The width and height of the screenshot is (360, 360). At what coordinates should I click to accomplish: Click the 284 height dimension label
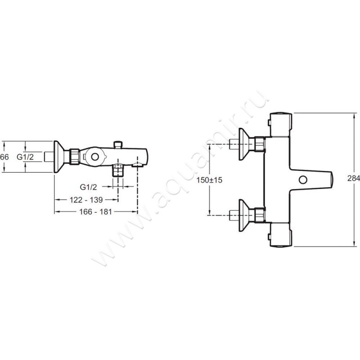click(x=354, y=178)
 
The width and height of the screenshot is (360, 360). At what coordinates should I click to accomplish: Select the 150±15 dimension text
click(x=209, y=180)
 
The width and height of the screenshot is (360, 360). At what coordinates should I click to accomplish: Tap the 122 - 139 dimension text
click(x=86, y=200)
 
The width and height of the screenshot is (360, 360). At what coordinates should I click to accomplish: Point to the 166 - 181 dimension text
click(x=95, y=211)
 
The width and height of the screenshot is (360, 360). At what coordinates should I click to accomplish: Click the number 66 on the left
click(x=4, y=157)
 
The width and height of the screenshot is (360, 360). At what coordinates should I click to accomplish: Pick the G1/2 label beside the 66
click(x=25, y=157)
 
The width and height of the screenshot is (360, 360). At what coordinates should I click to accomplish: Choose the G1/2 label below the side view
click(x=88, y=187)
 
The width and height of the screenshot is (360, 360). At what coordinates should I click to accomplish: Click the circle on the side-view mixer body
click(x=94, y=157)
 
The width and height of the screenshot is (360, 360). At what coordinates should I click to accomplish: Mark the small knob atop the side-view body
click(x=118, y=144)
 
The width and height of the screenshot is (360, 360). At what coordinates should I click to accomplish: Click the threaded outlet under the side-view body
click(x=118, y=171)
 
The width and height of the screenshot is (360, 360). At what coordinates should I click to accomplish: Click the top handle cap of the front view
click(x=281, y=125)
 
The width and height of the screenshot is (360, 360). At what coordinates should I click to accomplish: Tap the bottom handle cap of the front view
click(x=281, y=234)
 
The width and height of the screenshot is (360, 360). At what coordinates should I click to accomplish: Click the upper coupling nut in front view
click(x=260, y=144)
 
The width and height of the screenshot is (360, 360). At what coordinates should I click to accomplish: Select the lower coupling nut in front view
click(x=260, y=215)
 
